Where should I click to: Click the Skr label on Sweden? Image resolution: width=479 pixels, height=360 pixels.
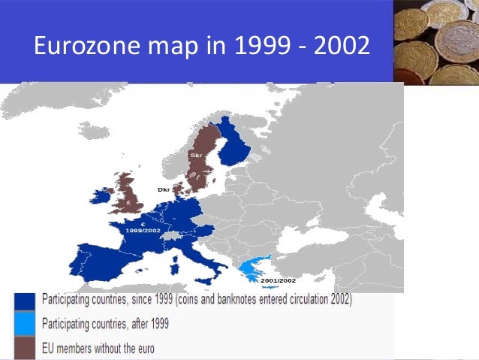pyautogui.click(x=197, y=155)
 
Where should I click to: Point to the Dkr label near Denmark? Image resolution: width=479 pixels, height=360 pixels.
pyautogui.click(x=164, y=190)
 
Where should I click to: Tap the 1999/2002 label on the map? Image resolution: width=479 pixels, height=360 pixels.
pyautogui.click(x=143, y=229)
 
